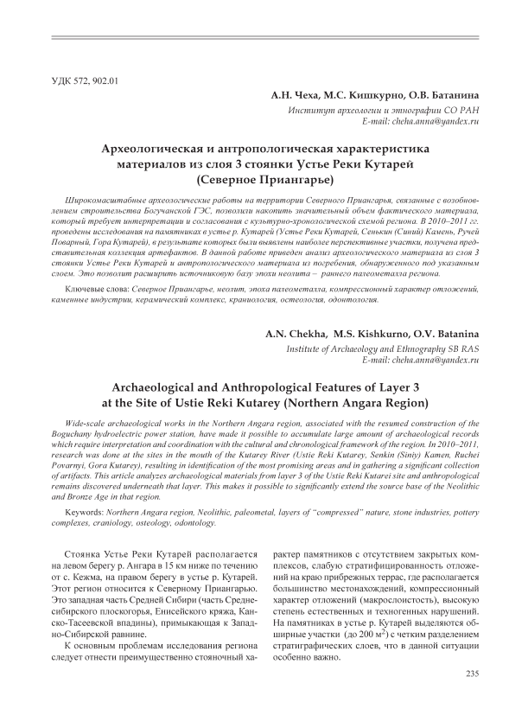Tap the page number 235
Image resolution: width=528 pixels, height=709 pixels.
[x=472, y=674]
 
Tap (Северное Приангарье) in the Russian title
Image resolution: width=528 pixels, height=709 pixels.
[x=264, y=180]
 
